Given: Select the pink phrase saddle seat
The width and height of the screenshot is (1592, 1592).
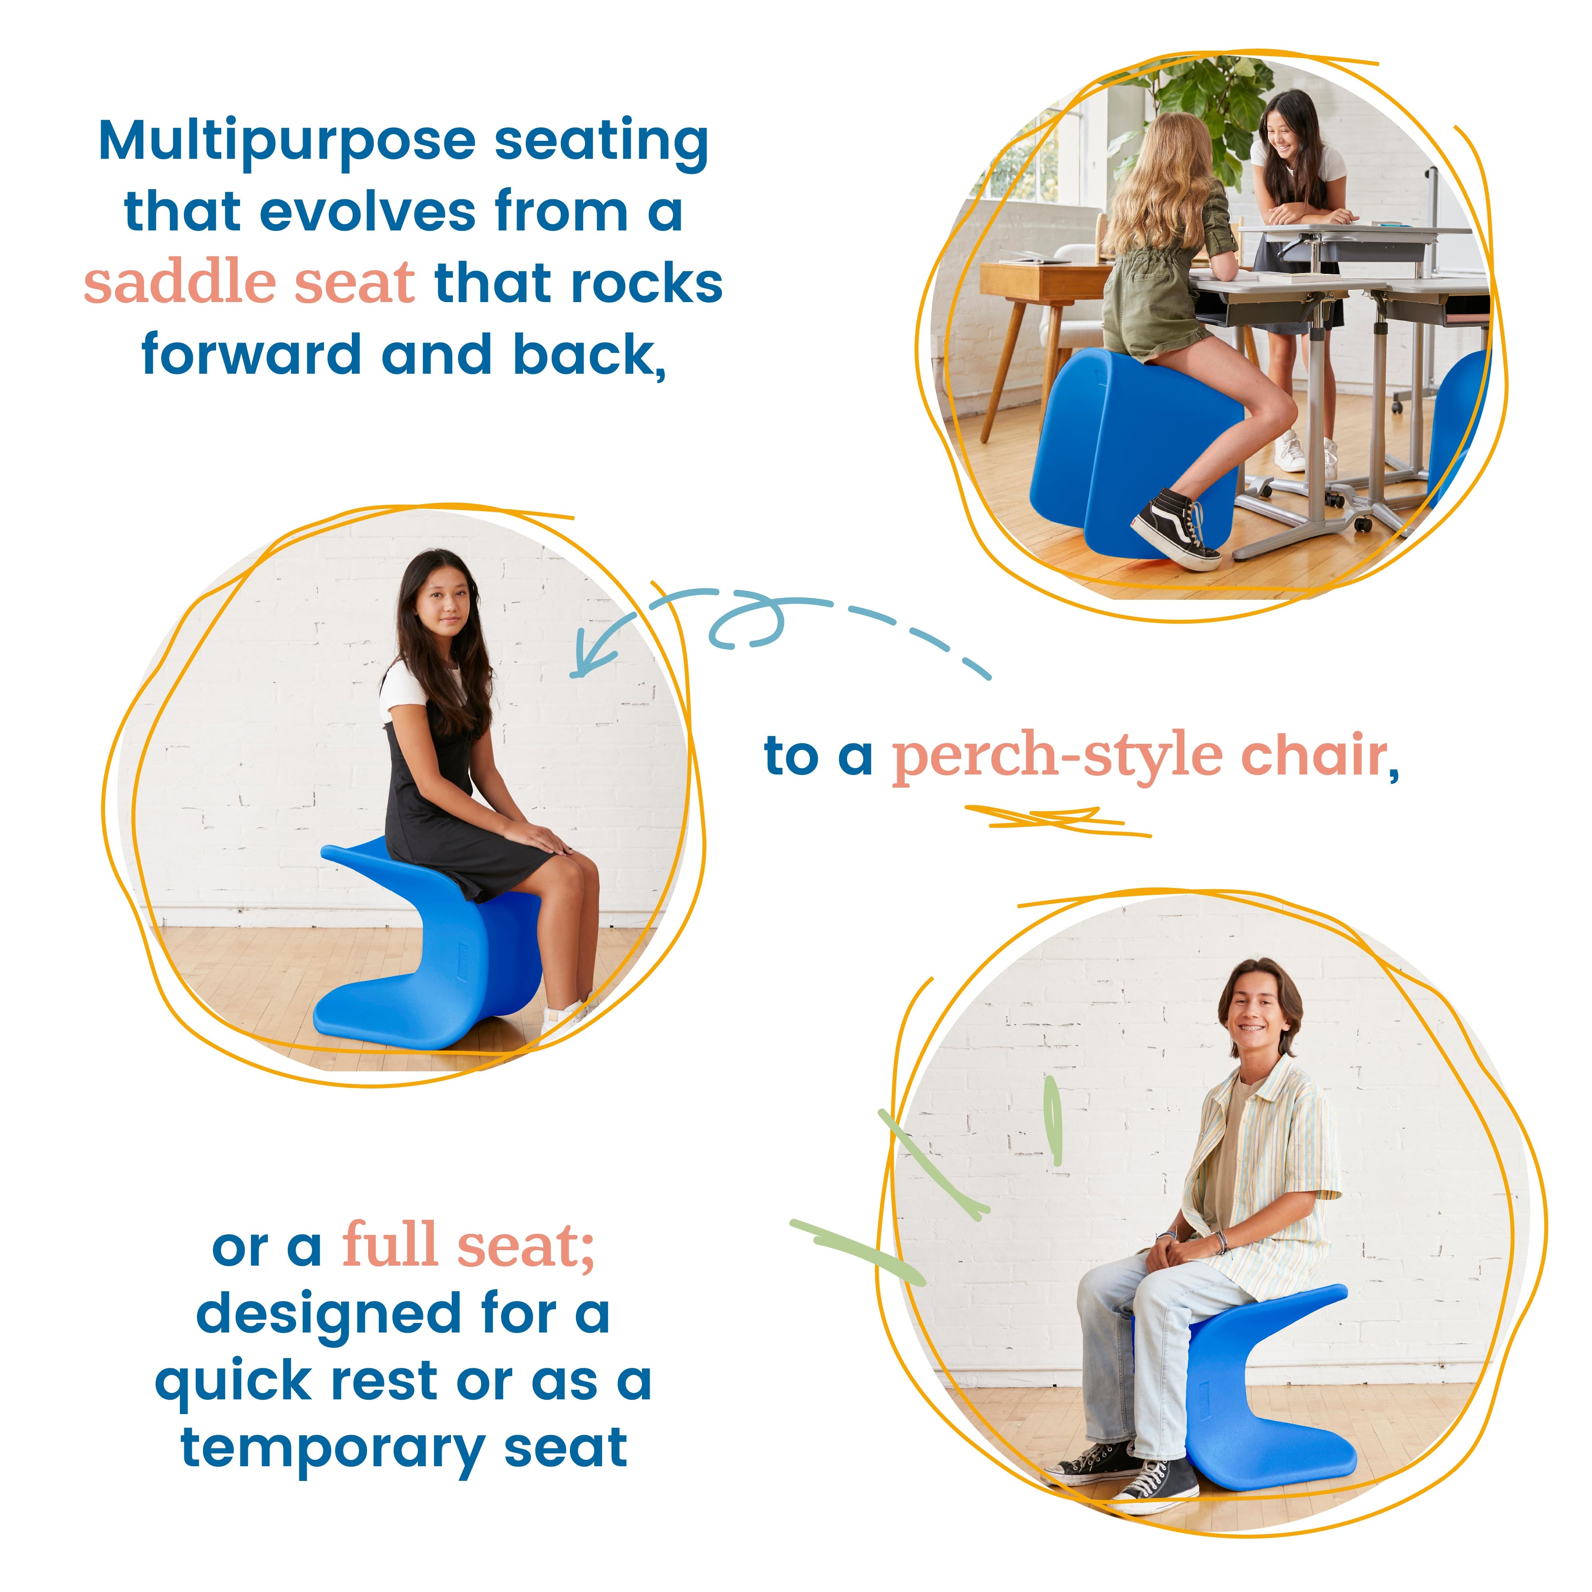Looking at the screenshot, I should (x=249, y=283).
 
